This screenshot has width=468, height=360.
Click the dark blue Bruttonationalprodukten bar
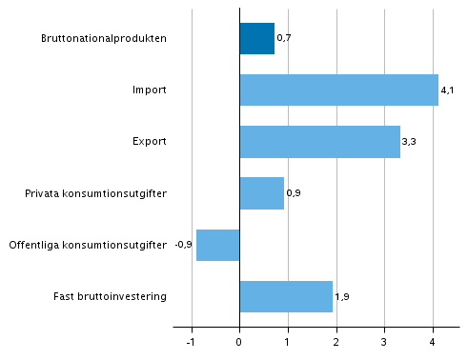click(256, 39)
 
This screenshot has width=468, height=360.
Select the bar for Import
click(338, 90)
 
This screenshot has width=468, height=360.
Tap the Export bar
click(319, 142)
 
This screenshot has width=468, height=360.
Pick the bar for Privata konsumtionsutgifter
click(261, 193)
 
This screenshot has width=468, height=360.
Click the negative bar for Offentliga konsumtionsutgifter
click(217, 245)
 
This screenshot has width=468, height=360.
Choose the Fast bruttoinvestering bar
click(286, 296)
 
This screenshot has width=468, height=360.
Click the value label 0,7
click(283, 39)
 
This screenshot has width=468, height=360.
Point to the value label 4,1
click(447, 91)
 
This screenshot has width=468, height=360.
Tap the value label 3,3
click(409, 143)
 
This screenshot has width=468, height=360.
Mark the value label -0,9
click(184, 246)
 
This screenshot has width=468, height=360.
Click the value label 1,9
click(341, 297)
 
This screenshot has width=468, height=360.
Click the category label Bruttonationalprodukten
click(104, 39)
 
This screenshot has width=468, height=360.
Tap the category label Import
click(150, 90)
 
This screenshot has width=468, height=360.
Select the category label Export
click(150, 142)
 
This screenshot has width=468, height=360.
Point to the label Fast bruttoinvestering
click(111, 296)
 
